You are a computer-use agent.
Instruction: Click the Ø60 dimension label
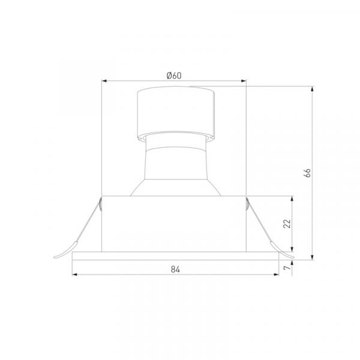(174, 76)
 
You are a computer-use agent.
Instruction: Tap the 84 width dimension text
(175, 269)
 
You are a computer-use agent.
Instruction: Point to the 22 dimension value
(287, 224)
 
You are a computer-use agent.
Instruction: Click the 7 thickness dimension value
(287, 268)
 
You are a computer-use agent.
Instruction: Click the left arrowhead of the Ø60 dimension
(104, 81)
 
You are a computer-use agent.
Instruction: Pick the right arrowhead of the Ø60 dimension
(244, 81)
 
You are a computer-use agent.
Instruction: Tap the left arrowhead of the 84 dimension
(75, 274)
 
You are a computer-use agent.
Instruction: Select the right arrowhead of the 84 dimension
(276, 274)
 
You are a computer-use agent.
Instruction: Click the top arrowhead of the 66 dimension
(312, 89)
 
